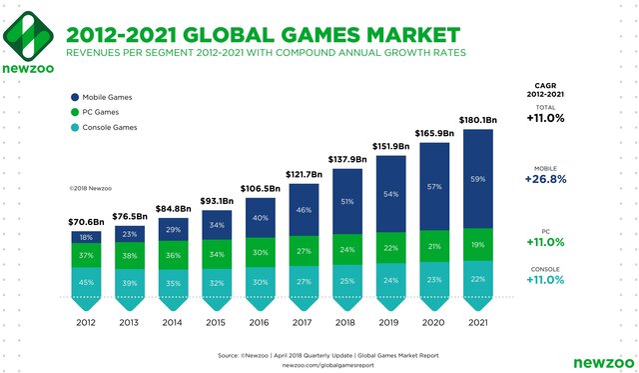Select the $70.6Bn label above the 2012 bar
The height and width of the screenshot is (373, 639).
(85, 221)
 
